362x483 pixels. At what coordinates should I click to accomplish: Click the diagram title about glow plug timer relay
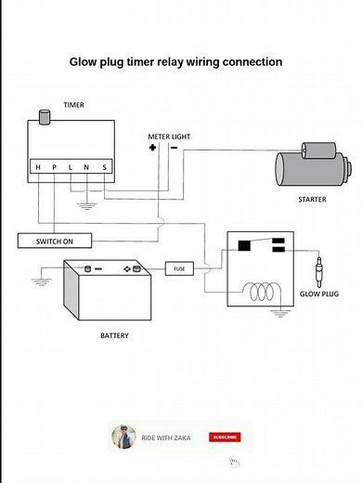[176, 62]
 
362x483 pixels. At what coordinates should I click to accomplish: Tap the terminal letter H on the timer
[38, 167]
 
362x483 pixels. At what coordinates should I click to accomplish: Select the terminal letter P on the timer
[54, 167]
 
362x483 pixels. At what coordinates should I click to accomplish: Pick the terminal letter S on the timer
[104, 167]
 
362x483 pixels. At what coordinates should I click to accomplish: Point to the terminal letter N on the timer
[86, 167]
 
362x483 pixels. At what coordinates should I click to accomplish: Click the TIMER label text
[72, 105]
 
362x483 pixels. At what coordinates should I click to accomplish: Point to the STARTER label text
[312, 199]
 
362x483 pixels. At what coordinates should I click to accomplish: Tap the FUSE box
[180, 268]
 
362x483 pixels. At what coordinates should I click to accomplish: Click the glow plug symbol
[319, 273]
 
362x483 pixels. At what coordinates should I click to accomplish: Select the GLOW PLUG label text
[320, 294]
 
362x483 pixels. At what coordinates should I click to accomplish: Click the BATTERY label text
[114, 335]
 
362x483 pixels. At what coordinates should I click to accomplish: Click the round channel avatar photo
[123, 437]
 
